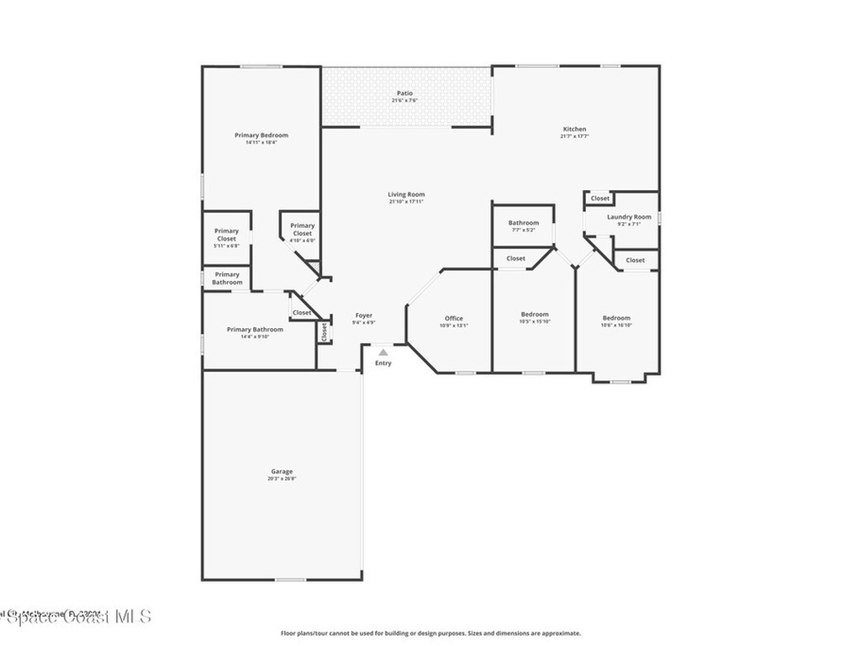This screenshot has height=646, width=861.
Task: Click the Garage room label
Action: [282, 472]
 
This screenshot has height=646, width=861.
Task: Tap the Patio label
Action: [405, 93]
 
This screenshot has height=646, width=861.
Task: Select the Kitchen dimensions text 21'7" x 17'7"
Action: [574, 136]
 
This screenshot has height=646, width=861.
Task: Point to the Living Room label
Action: [406, 194]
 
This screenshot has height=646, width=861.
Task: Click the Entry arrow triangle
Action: [383, 353]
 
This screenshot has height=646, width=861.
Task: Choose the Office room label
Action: [454, 318]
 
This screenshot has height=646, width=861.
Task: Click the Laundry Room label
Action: [629, 217]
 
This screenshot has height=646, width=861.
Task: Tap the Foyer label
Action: [364, 315]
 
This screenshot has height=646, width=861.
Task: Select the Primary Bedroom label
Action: [261, 135]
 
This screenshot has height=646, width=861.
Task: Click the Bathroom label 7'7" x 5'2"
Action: [523, 223]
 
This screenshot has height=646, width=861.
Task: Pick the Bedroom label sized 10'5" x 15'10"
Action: [535, 315]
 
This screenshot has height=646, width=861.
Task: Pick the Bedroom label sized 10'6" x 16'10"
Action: [616, 318]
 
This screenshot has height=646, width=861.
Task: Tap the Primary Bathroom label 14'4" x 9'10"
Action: [255, 330]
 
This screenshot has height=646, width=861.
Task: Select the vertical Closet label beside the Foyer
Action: [324, 332]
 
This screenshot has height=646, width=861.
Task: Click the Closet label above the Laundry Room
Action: [600, 199]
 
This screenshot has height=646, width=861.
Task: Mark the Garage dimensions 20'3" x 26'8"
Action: [282, 479]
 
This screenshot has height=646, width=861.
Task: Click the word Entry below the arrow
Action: [383, 363]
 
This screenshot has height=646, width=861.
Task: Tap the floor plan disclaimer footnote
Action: [430, 633]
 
